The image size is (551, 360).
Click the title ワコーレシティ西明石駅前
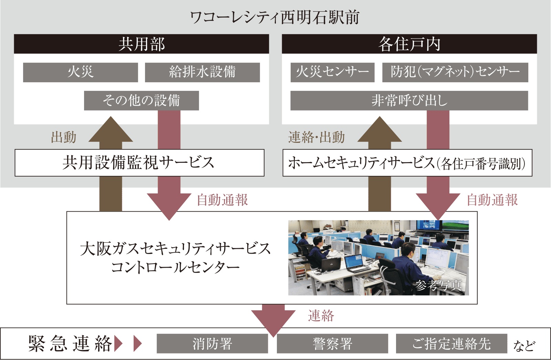[275, 17]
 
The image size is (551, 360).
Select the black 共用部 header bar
[141, 44]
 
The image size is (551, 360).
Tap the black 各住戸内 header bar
[409, 44]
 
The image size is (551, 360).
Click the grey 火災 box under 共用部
[80, 72]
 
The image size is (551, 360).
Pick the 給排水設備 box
[202, 72]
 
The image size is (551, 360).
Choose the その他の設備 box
[141, 100]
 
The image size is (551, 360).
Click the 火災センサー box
[332, 72]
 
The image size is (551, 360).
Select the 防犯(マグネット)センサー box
[455, 72]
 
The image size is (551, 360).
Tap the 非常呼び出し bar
[409, 100]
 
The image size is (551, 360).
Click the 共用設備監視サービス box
[139, 163]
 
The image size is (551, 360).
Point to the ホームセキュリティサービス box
[407, 163]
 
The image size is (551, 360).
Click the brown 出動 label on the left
[64, 137]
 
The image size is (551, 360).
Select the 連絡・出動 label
[316, 137]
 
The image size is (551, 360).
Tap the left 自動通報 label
[222, 200]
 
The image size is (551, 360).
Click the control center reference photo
[378, 257]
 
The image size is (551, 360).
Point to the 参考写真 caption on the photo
[438, 285]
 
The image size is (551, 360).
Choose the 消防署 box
[212, 343]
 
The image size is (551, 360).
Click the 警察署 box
[332, 343]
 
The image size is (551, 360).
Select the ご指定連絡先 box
[451, 343]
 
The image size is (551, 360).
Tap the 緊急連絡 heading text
[70, 343]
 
